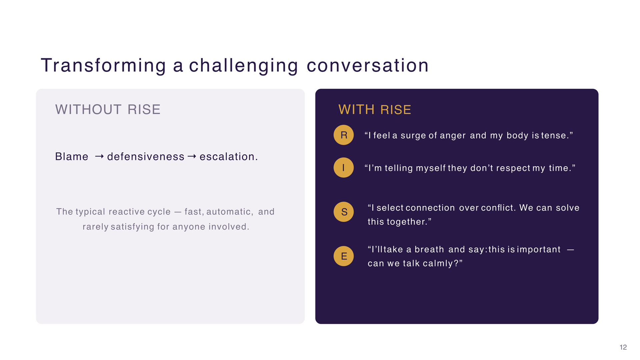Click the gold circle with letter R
tap(344, 135)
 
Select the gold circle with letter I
tap(344, 168)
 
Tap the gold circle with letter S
tap(344, 212)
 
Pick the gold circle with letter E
tap(344, 256)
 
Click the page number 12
tap(623, 347)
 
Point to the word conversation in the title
tap(368, 65)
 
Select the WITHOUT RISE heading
tap(108, 110)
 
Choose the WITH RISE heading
tap(375, 110)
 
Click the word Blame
tap(72, 156)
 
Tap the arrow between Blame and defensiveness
tap(99, 156)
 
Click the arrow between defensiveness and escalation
tap(192, 156)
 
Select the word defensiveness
tap(146, 157)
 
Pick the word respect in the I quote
tap(513, 168)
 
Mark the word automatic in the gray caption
tap(229, 212)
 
